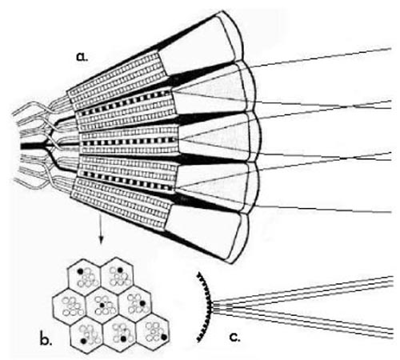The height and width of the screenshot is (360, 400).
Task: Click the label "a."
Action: [82, 57]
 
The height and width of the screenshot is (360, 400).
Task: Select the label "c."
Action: [234, 338]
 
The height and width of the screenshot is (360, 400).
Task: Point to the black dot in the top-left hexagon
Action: [80, 271]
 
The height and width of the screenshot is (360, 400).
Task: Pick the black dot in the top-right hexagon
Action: [120, 270]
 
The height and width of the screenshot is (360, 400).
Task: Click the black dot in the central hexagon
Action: [102, 305]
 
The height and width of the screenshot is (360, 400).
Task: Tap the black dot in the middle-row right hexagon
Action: [142, 303]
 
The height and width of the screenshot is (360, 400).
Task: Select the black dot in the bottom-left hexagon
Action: [84, 341]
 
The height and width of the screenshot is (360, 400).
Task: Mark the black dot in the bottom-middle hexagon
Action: [123, 338]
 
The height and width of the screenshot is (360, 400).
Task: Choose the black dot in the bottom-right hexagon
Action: [164, 338]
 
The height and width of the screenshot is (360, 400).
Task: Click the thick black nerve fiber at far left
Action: [34, 146]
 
